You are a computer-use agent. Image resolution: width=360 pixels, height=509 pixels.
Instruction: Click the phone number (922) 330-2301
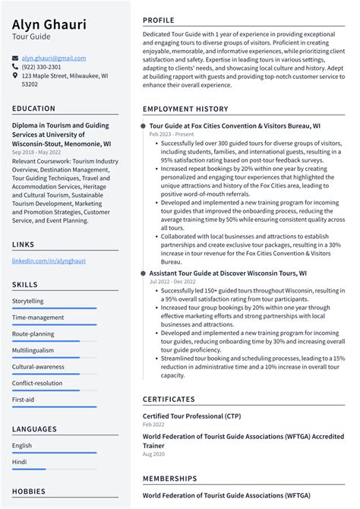coord(42,67)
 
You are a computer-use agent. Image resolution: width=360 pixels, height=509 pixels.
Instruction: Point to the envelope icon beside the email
coord(15,58)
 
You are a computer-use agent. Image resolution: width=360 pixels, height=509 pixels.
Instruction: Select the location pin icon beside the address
coord(15,76)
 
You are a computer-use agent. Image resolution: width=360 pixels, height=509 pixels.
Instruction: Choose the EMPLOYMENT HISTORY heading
coord(185,109)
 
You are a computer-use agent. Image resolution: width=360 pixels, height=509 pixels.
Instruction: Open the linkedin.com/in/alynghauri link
coord(49,261)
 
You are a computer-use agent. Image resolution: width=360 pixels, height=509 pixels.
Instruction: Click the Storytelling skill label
coord(28,301)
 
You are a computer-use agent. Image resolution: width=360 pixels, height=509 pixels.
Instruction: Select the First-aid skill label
coord(23,400)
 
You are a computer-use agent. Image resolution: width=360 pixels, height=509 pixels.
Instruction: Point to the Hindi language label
coord(20,461)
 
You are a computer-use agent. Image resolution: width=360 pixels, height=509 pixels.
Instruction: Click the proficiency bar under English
coord(54,453)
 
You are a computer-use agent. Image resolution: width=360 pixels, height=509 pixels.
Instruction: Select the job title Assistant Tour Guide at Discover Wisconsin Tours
coord(228,273)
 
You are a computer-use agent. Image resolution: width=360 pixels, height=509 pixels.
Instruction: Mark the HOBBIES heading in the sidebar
coord(28,491)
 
